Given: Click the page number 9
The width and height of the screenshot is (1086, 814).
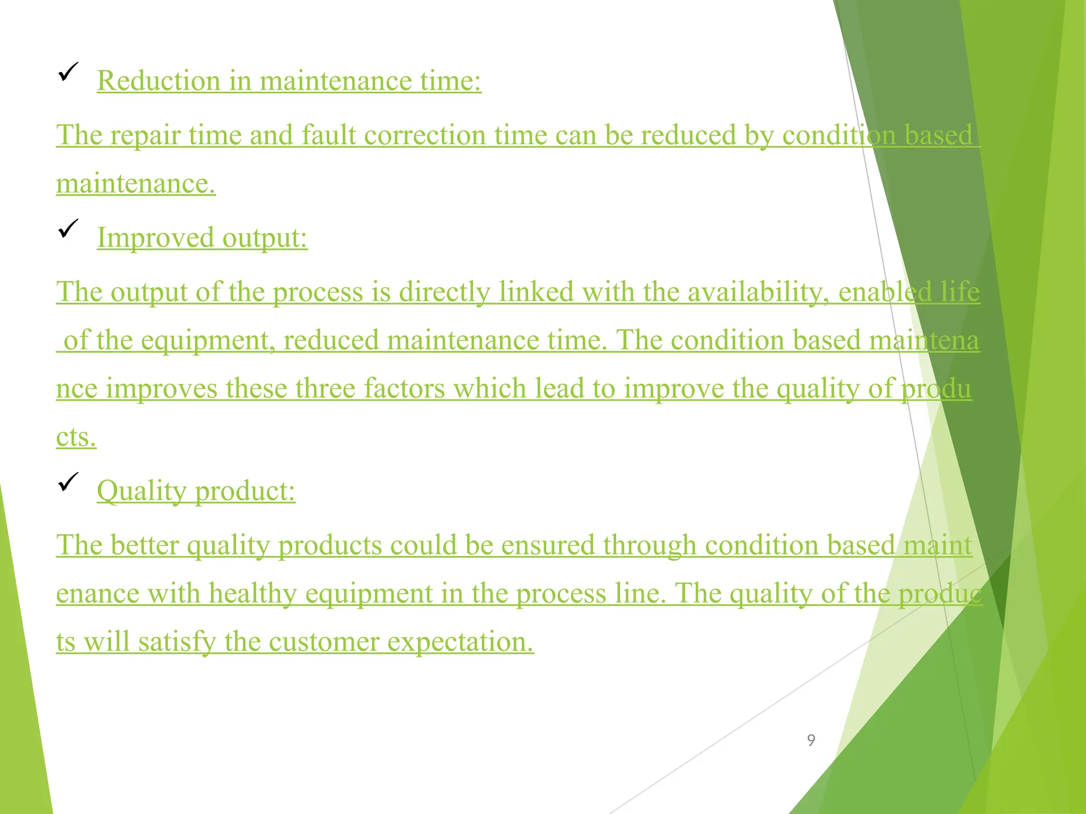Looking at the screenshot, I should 811,740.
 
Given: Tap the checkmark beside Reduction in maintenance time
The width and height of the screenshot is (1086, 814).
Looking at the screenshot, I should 68,72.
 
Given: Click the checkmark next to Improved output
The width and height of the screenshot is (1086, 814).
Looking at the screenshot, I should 68,228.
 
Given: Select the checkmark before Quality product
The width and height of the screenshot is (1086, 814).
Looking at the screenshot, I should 68,482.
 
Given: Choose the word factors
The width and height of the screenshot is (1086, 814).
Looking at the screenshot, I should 404,388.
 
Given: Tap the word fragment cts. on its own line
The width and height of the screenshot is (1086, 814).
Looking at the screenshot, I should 76,437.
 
